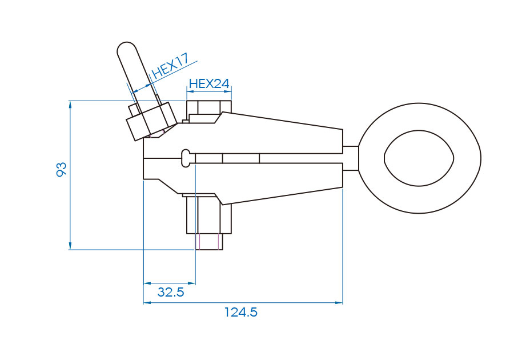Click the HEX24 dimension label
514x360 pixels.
[209, 83]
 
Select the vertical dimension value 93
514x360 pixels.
[62, 169]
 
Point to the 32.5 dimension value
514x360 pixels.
[171, 293]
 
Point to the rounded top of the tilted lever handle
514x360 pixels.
[126, 48]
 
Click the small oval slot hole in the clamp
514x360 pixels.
[185, 158]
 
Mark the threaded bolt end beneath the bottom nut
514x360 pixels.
[209, 242]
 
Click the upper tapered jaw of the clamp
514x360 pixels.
[280, 134]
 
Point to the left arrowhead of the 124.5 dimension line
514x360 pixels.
[146, 302]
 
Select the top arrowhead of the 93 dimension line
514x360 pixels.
[70, 104]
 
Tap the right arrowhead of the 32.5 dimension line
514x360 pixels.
[192, 283]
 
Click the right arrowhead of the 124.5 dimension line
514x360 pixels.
[339, 302]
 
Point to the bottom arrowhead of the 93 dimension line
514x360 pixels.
[70, 246]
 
